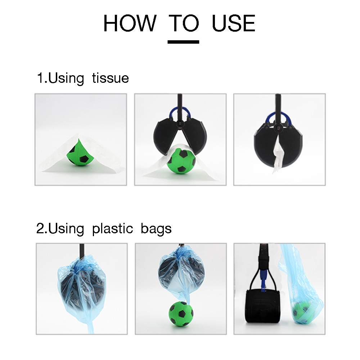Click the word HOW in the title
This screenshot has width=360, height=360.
(x=130, y=23)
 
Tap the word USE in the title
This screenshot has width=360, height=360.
(x=234, y=23)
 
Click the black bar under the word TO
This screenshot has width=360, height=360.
(x=183, y=42)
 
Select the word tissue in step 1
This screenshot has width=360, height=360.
(x=111, y=78)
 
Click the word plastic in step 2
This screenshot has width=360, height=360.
(x=112, y=229)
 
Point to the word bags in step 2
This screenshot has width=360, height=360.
(x=156, y=229)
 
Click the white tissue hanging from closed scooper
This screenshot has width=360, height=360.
(x=278, y=154)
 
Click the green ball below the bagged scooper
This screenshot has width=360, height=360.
(x=181, y=313)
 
